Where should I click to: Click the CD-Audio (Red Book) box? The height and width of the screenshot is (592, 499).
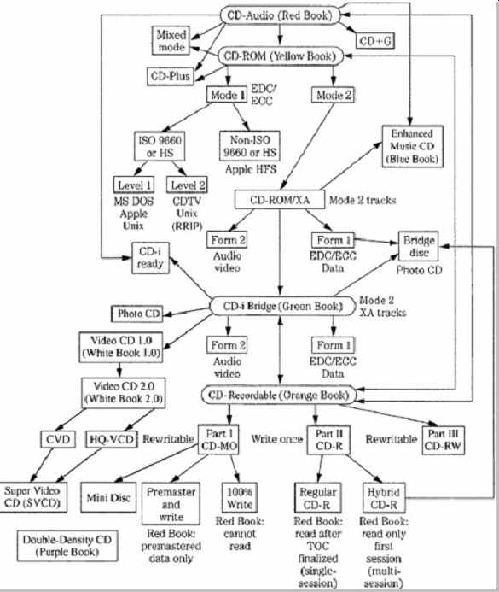pyautogui.click(x=280, y=15)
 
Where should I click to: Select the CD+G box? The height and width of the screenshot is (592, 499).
pyautogui.click(x=375, y=41)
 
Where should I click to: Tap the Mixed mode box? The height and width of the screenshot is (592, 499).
pyautogui.click(x=171, y=41)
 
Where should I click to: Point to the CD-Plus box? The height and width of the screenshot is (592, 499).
pyautogui.click(x=171, y=76)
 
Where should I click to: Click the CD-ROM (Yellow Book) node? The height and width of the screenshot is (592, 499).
pyautogui.click(x=281, y=56)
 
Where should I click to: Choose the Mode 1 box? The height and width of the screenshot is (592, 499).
pyautogui.click(x=227, y=94)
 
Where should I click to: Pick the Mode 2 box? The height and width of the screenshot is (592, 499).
pyautogui.click(x=333, y=95)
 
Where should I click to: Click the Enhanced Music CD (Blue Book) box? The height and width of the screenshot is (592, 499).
pyautogui.click(x=412, y=146)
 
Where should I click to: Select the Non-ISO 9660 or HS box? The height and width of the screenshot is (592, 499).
pyautogui.click(x=250, y=146)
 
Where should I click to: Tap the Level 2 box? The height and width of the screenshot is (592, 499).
pyautogui.click(x=188, y=185)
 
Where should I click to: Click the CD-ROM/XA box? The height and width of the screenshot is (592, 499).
pyautogui.click(x=280, y=200)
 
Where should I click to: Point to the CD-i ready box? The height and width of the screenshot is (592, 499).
pyautogui.click(x=150, y=258)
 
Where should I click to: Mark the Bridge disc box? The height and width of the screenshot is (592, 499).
pyautogui.click(x=419, y=246)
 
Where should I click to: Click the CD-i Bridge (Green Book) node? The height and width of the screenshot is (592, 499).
pyautogui.click(x=281, y=306)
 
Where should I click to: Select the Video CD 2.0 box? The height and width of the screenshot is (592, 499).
pyautogui.click(x=123, y=393)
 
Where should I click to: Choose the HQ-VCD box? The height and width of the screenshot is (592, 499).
pyautogui.click(x=111, y=439)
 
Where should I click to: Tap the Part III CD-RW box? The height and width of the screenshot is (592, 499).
pyautogui.click(x=443, y=440)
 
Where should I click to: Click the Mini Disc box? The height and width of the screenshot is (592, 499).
pyautogui.click(x=108, y=498)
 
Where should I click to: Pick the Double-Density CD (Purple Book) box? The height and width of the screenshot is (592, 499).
pyautogui.click(x=67, y=546)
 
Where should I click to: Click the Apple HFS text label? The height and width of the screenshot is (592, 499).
pyautogui.click(x=251, y=169)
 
